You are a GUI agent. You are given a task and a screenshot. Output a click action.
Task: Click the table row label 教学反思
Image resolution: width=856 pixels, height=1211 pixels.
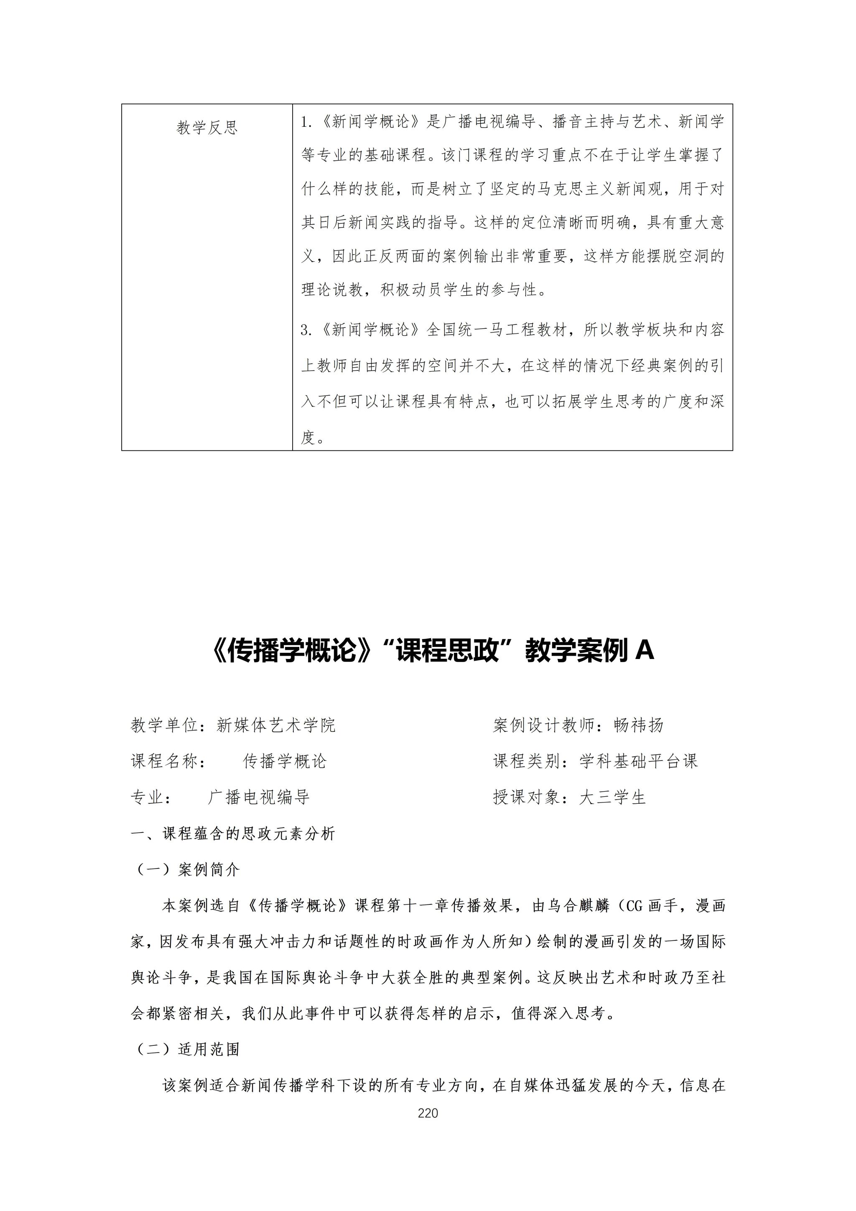(x=207, y=128)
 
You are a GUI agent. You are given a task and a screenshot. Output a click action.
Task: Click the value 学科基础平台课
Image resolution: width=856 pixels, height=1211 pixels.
(x=638, y=761)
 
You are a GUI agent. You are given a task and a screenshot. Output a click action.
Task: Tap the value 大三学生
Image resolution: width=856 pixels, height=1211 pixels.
(x=612, y=797)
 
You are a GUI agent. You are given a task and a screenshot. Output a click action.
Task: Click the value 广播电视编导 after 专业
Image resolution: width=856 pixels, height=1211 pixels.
(x=258, y=797)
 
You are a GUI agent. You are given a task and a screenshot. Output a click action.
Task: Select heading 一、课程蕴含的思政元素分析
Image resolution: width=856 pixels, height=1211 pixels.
(x=232, y=834)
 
